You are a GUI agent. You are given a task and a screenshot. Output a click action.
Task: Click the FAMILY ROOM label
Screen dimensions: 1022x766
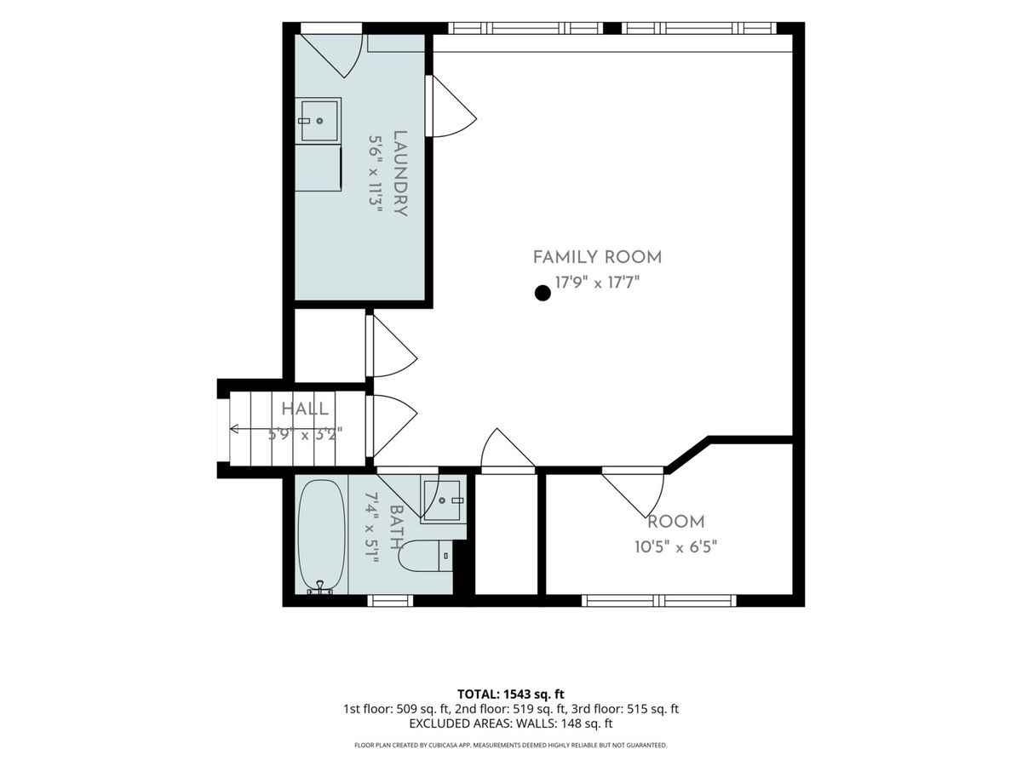pos(597,257)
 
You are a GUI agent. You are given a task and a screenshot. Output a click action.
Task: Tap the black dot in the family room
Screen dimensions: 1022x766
pos(543,293)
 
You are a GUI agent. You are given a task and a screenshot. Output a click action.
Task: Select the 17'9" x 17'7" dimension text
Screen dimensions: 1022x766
pos(597,283)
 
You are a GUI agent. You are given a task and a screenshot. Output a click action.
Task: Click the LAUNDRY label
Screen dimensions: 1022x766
pos(400,174)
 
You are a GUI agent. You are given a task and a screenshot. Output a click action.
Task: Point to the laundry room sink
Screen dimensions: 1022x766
pos(319,121)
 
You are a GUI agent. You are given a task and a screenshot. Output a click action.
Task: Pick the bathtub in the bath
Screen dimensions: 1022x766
pos(321,536)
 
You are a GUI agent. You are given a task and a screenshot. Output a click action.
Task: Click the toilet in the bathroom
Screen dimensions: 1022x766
pos(425,556)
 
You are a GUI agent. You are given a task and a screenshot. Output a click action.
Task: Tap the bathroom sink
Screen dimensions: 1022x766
pos(442,500)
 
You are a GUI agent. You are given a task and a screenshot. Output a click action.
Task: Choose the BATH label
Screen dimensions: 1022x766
pos(396,528)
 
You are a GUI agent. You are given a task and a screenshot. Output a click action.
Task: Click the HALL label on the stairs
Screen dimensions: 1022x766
pos(305,409)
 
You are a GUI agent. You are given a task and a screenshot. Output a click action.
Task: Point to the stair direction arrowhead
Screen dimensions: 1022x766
pos(233,428)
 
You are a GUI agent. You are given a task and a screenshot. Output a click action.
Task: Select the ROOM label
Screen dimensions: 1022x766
pos(675,522)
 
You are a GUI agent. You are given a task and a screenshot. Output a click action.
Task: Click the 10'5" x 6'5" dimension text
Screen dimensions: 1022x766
pos(675,547)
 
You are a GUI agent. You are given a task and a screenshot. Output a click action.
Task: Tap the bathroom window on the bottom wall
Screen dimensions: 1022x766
pos(390,600)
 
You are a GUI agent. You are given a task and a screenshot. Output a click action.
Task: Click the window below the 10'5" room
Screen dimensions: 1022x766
pos(659,600)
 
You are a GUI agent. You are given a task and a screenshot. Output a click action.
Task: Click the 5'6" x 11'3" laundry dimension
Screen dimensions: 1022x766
pos(376,174)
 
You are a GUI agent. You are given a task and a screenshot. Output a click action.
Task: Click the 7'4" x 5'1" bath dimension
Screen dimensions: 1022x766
pos(371,528)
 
